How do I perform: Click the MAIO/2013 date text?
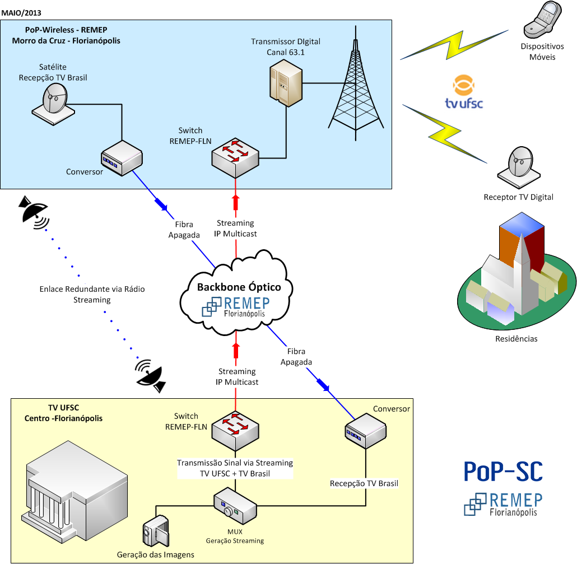(x=21, y=12)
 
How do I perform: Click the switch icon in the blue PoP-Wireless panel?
(x=236, y=156)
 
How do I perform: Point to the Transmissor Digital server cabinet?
(x=286, y=83)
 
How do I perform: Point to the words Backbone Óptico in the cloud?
(x=239, y=287)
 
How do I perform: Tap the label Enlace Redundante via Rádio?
(x=92, y=289)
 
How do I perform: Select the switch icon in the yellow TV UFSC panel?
(x=236, y=431)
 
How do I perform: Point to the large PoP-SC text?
(x=502, y=472)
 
